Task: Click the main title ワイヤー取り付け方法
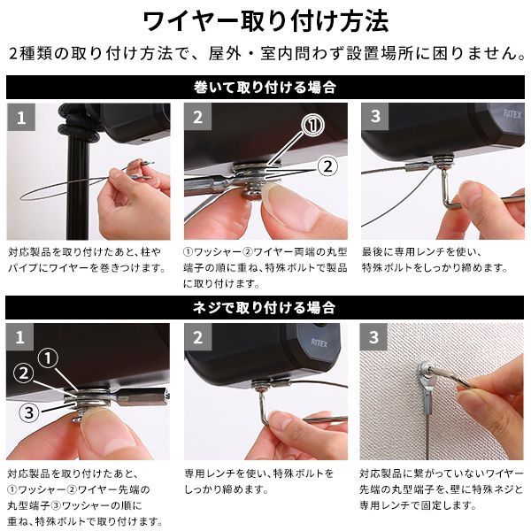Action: coord(265,19)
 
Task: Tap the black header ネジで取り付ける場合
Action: coord(265,308)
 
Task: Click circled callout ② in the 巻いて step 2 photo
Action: coord(327,165)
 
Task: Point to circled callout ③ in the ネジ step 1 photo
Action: coord(29,412)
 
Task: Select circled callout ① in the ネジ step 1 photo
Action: coord(50,358)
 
